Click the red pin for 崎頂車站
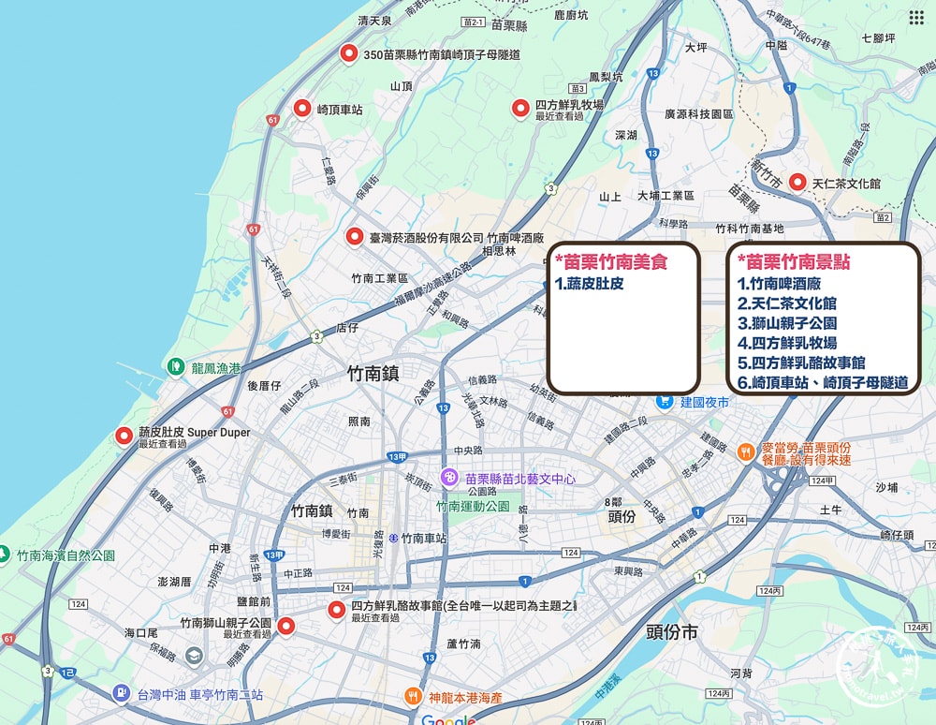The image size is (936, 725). (x=302, y=109)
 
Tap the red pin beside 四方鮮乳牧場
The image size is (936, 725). (x=520, y=109)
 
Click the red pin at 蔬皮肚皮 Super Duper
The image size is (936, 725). (x=124, y=436)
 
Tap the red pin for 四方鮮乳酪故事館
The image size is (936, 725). (x=337, y=611)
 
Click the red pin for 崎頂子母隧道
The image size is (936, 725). (x=349, y=53)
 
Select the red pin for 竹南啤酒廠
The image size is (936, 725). (x=354, y=236)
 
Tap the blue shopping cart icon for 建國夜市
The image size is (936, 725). (x=665, y=401)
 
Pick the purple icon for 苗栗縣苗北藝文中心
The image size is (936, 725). (x=449, y=478)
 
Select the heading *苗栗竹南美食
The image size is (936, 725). (x=610, y=262)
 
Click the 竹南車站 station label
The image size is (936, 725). (x=417, y=539)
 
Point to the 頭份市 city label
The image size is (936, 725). (x=672, y=632)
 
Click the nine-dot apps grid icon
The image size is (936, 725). (x=916, y=18)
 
